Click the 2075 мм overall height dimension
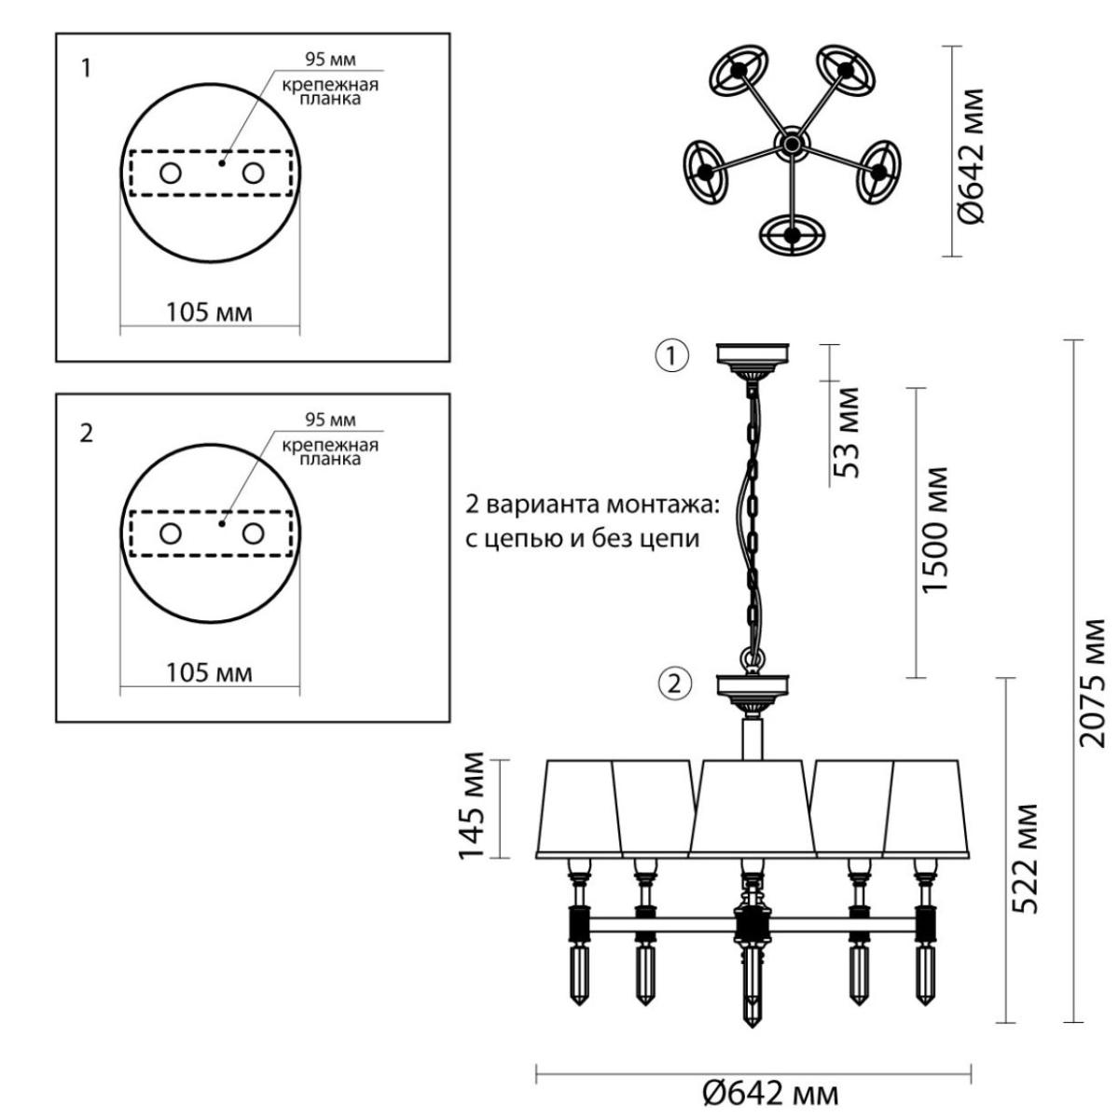tap(1090, 684)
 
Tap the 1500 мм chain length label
tap(934, 530)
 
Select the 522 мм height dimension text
tap(1024, 858)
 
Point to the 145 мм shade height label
tap(471, 806)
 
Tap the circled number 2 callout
tap(674, 684)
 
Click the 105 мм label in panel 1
tap(209, 312)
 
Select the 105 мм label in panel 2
tap(209, 672)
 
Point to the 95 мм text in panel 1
tap(330, 60)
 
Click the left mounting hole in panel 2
tap(170, 533)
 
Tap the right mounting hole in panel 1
tap(254, 173)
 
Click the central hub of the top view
tap(791, 143)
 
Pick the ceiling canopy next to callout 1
tap(753, 361)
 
